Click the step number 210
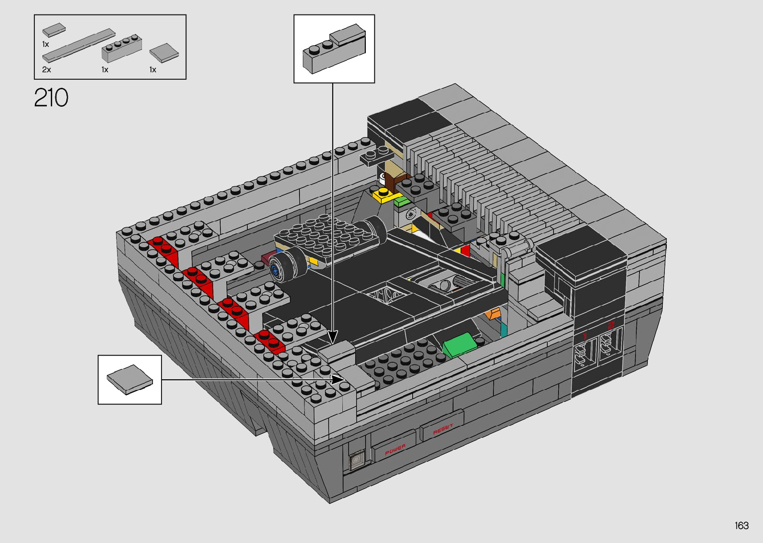coord(51,98)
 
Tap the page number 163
coord(741,526)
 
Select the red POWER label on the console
coord(395,449)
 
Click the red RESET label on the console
coord(443,429)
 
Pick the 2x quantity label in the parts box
coord(46,70)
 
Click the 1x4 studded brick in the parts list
coord(122,48)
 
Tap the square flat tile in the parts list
coord(164,52)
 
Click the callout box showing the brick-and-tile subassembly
coord(334,48)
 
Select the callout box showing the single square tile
coord(130,379)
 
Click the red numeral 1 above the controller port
coord(585,336)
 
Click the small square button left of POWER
coord(356,460)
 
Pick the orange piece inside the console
coord(493,313)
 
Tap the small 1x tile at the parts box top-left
coord(54,30)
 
